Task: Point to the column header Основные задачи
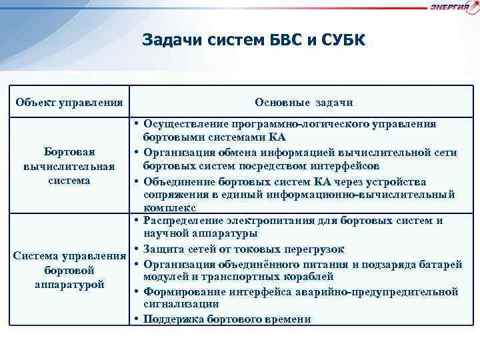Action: coord(303,103)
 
